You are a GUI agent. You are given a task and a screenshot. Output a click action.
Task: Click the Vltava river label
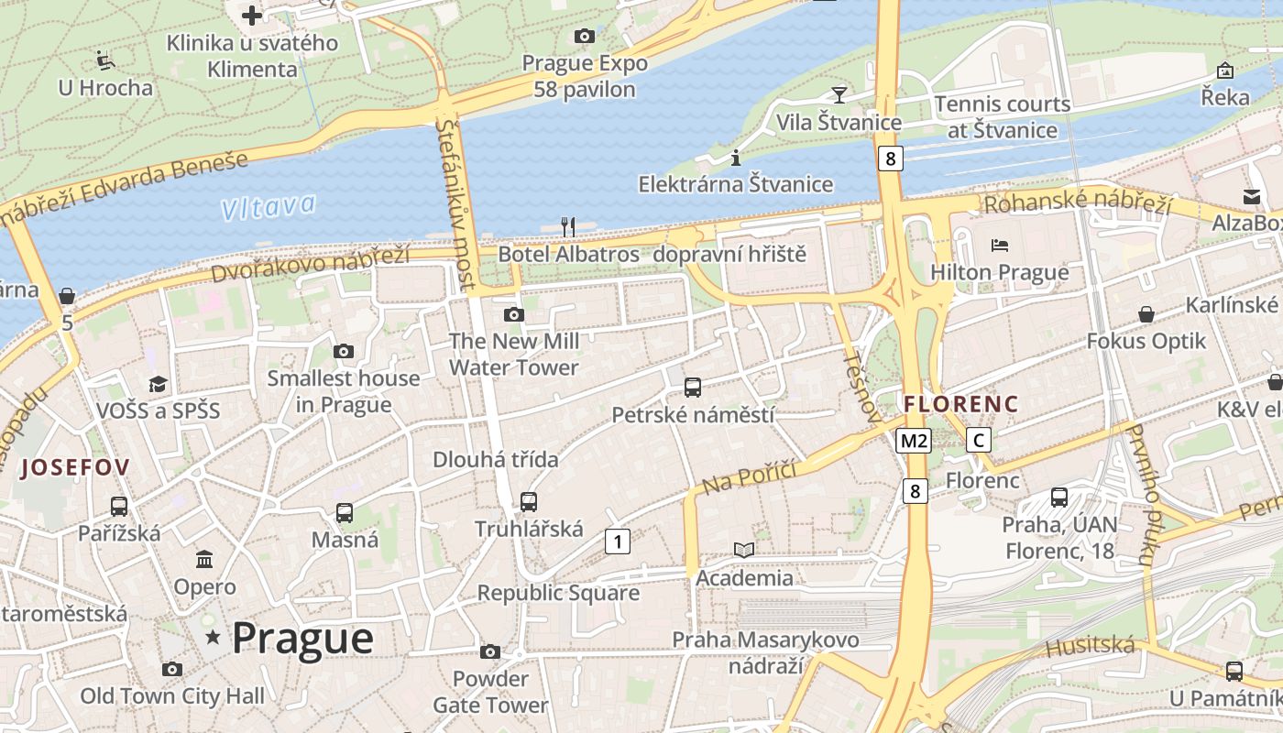click(269, 206)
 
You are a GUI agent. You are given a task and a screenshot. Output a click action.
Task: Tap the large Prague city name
click(302, 638)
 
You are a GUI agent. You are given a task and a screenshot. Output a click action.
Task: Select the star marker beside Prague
click(214, 636)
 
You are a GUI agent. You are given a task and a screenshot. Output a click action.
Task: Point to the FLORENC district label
click(960, 403)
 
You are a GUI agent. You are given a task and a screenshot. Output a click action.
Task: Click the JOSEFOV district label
click(75, 467)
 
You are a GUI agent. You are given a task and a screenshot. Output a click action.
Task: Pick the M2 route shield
click(914, 441)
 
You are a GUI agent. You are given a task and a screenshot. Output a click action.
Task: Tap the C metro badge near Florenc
click(979, 441)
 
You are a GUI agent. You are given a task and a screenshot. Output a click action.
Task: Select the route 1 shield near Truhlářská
click(618, 542)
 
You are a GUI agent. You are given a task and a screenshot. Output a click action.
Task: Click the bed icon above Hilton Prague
click(1000, 246)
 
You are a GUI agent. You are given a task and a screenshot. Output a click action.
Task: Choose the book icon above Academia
click(744, 550)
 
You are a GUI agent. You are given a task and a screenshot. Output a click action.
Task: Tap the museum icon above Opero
click(204, 559)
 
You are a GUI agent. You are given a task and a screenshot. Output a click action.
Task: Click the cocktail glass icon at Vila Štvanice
click(839, 93)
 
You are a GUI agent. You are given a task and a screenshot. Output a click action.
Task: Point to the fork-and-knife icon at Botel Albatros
click(568, 226)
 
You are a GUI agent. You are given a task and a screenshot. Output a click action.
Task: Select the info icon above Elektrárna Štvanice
click(735, 158)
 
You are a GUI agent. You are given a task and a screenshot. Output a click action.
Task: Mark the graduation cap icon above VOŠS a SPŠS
click(159, 383)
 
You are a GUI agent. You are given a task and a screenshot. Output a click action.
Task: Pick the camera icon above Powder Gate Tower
click(490, 651)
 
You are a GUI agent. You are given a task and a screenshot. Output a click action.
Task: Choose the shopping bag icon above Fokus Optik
click(1146, 314)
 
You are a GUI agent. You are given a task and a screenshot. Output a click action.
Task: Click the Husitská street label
click(1090, 647)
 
